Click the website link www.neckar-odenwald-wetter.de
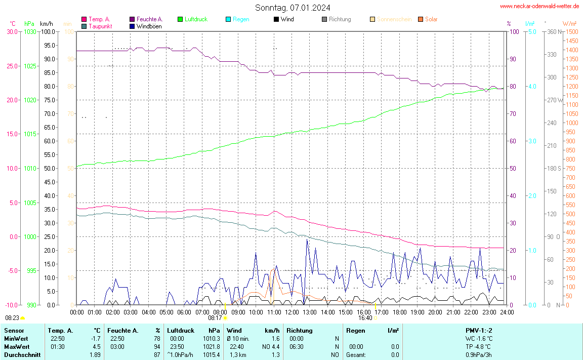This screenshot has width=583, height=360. click(x=539, y=6)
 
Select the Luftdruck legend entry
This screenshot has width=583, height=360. click(x=196, y=19)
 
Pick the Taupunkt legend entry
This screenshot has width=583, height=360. click(x=100, y=26)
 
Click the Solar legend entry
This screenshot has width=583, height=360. click(x=431, y=19)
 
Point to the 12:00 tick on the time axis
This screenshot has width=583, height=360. click(x=291, y=312)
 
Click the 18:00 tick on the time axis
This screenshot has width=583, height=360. click(x=399, y=312)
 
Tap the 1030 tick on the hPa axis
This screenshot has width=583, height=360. click(x=30, y=32)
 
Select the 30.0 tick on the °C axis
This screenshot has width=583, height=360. click(x=12, y=32)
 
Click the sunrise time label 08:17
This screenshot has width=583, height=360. click(x=215, y=318)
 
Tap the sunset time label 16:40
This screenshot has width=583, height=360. click(x=365, y=318)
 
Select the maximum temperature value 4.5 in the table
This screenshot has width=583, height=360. click(x=96, y=347)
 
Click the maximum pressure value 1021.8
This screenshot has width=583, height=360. click(x=212, y=347)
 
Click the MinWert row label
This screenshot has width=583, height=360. click(x=16, y=339)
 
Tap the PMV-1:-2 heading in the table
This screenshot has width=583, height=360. click(x=479, y=331)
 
